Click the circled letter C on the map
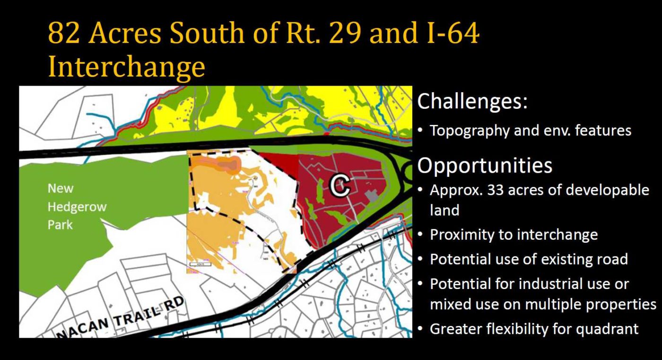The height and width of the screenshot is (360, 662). [x=339, y=186]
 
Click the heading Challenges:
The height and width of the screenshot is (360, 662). [x=472, y=101]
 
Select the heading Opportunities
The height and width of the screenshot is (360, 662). [x=485, y=166]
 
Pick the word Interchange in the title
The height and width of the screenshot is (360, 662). [x=126, y=68]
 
